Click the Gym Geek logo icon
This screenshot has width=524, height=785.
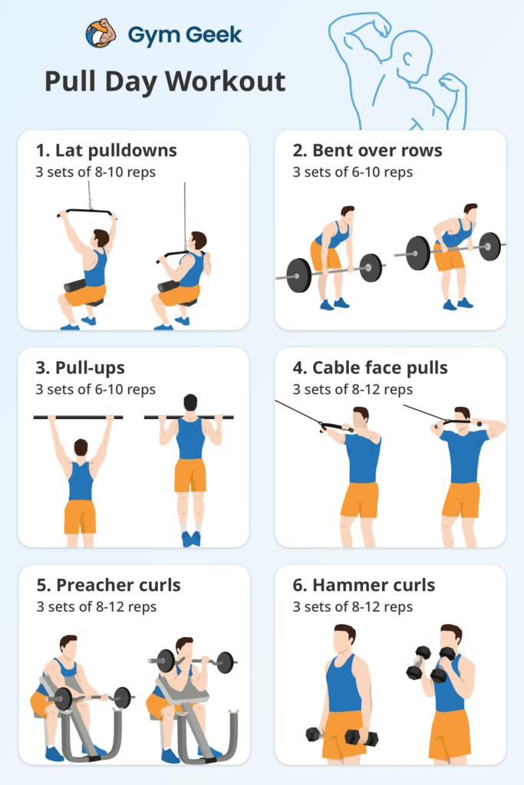pos(101,34)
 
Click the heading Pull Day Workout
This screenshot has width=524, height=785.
pos(164,81)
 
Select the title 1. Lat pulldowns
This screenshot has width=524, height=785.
pos(106,150)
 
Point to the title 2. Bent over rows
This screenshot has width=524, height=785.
pos(367,150)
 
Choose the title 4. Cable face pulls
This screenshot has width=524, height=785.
pos(370,369)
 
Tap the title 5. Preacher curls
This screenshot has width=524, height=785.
pos(108,586)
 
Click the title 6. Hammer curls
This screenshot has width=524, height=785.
pos(364,586)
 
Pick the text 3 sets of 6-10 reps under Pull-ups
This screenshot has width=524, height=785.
pos(95,389)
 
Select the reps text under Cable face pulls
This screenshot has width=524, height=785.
pos(352,389)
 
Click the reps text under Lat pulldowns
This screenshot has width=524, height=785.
pos(95,172)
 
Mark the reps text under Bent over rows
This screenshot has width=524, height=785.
pos(352,172)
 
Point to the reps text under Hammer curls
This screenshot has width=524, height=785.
pos(352,607)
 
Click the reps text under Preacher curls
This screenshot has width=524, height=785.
pos(95,607)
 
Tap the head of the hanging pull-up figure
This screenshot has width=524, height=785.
pos(80,448)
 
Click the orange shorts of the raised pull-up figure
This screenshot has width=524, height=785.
pos(189,475)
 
